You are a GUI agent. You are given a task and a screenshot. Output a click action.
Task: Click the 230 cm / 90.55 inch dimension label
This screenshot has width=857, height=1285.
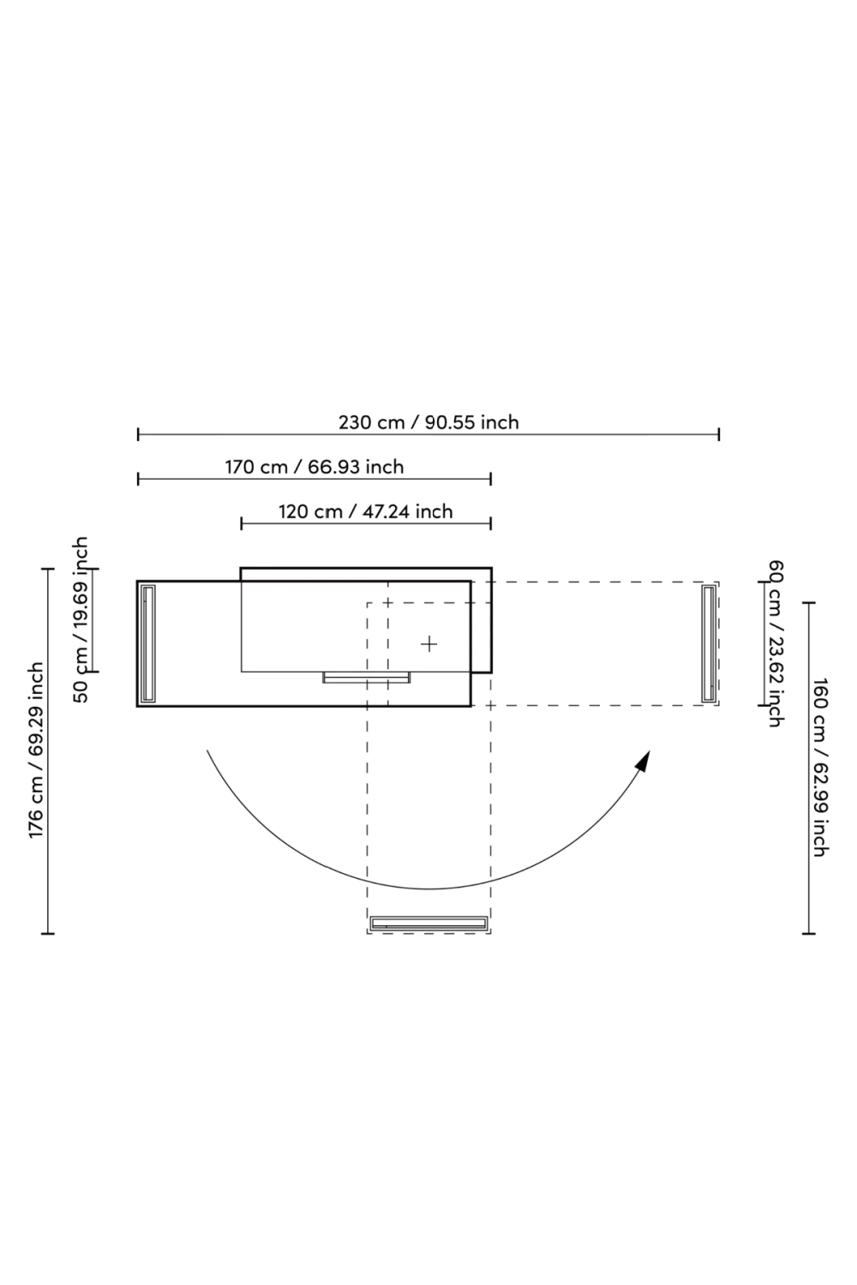428,422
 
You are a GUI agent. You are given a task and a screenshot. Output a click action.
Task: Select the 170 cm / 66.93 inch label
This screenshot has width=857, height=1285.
314,467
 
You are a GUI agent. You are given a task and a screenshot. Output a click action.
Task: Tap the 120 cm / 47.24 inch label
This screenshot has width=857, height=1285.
366,511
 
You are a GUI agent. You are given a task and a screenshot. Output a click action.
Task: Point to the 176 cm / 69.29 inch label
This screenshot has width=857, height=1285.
37,750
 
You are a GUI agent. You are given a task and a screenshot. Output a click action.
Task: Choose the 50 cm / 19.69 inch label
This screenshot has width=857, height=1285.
81,619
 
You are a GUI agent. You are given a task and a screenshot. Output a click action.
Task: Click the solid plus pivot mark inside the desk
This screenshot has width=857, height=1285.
428,644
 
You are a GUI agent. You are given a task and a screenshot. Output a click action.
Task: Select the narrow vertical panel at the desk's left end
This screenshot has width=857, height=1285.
148,643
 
